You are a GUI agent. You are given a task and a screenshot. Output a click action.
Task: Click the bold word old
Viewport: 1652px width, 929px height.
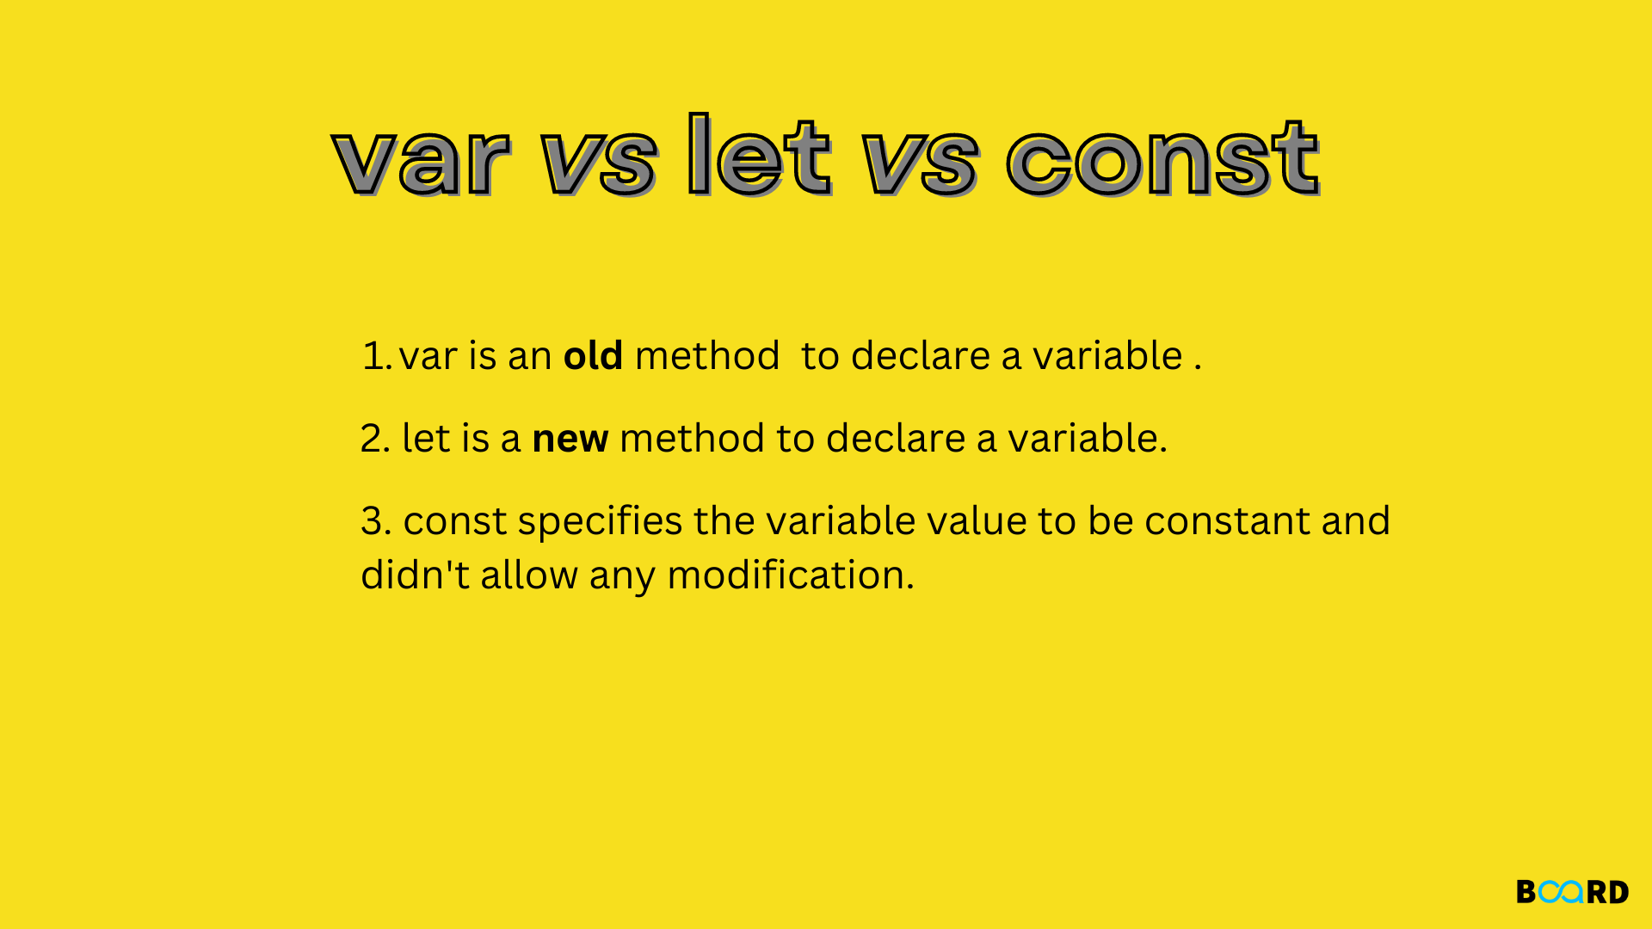[x=593, y=355]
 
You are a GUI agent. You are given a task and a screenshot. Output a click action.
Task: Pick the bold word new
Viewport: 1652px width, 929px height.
[x=570, y=439]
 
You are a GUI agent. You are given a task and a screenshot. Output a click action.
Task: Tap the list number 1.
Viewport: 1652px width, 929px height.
[x=375, y=356]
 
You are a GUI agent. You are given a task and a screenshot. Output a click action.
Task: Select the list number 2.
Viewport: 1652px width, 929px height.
[x=375, y=439]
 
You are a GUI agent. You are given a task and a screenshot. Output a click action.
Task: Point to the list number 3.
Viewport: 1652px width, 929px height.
[x=375, y=521]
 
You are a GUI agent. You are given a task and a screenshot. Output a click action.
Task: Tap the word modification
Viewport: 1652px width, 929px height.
[x=790, y=575]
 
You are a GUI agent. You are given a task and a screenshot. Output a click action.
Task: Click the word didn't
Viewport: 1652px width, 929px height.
[x=415, y=575]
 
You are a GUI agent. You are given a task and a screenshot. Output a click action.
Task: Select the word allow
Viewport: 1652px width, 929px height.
[x=528, y=575]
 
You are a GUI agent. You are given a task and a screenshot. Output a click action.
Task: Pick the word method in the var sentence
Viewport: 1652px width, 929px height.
[x=707, y=355]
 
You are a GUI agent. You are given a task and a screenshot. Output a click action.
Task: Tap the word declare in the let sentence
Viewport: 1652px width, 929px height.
[x=895, y=439]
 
